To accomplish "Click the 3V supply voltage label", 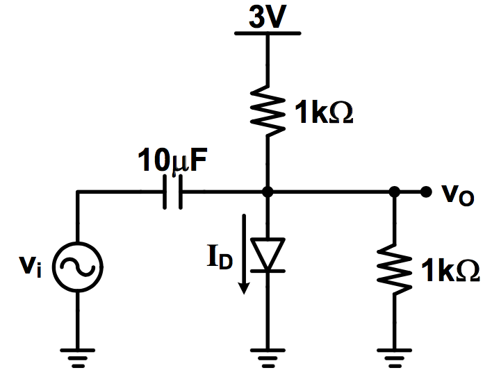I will [x=267, y=17].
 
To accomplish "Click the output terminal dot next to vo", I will [x=425, y=192].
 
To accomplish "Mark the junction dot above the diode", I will [x=267, y=192].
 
